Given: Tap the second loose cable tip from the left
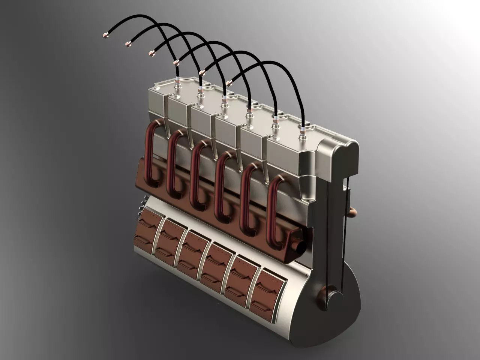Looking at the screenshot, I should (x=128, y=44).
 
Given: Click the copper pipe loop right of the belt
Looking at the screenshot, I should (x=352, y=212).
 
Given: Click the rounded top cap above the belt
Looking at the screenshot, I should (x=339, y=150).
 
